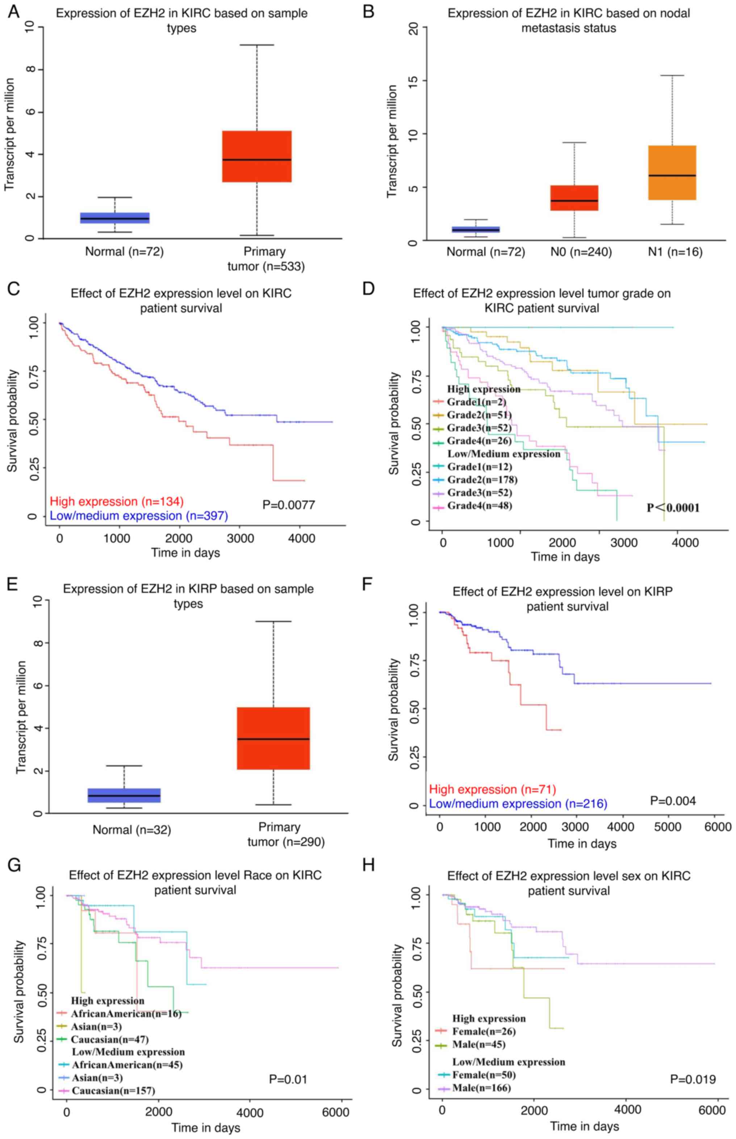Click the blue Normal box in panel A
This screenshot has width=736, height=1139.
[x=115, y=218]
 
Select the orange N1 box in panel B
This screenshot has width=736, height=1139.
[x=672, y=172]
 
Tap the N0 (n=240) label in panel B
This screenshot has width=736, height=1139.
[x=581, y=252]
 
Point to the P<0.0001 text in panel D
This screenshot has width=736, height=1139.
[x=673, y=508]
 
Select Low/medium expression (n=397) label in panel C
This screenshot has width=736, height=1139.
[x=139, y=516]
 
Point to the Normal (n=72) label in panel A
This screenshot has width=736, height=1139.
[x=124, y=251]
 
